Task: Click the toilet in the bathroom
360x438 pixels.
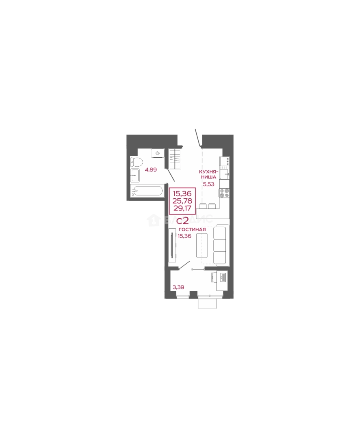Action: [x=137, y=163]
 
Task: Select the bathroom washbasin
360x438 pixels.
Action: [x=135, y=175]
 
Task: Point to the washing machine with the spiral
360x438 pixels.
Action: [x=157, y=153]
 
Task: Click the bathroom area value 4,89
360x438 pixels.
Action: [x=150, y=170]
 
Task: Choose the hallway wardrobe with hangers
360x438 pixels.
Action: [x=175, y=159]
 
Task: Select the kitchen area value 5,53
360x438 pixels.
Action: [x=208, y=184]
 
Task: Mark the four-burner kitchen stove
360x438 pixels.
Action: [x=224, y=193]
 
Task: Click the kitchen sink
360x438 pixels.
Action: [x=224, y=175]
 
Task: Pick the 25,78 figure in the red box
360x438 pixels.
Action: [x=182, y=201]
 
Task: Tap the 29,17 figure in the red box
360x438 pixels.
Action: [x=182, y=208]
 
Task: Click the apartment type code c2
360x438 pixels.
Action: [x=182, y=221]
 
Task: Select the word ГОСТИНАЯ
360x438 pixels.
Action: [x=192, y=230]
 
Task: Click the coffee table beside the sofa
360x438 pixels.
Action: [x=202, y=245]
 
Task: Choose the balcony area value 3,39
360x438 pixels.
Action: [x=179, y=288]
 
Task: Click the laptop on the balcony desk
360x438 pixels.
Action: [x=223, y=277]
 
